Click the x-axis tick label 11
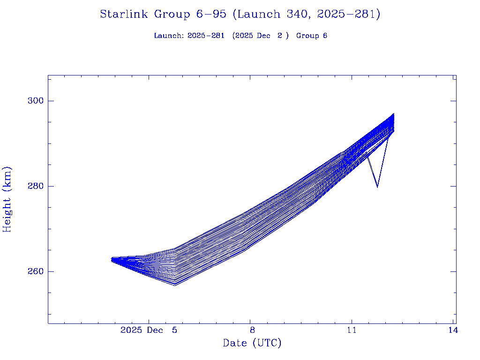(x=352, y=330)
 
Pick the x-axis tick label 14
(x=453, y=330)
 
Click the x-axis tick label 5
(x=174, y=330)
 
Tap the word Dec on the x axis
(x=155, y=330)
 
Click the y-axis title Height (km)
(x=7, y=199)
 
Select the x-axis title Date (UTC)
(x=252, y=343)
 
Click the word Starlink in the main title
(x=124, y=15)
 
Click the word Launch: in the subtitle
(x=169, y=36)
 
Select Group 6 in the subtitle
(x=311, y=36)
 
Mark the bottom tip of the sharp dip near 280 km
(x=377, y=187)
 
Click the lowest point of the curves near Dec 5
(x=175, y=285)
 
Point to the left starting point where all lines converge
(x=112, y=259)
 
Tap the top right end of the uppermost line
(x=394, y=113)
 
